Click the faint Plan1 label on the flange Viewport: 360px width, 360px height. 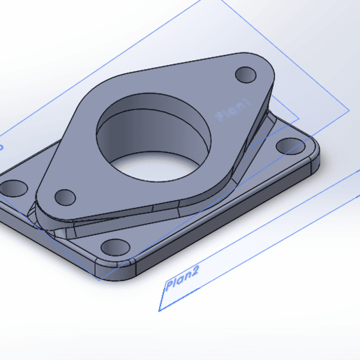point(234,110)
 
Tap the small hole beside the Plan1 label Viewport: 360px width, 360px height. point(246,73)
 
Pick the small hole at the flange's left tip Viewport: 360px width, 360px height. point(64,196)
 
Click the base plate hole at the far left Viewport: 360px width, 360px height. point(13,187)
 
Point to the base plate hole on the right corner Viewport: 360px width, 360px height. point(287,146)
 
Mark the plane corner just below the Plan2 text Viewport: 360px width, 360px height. point(160,309)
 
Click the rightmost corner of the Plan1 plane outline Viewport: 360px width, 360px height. point(348,110)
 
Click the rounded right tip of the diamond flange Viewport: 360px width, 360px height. point(265,70)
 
